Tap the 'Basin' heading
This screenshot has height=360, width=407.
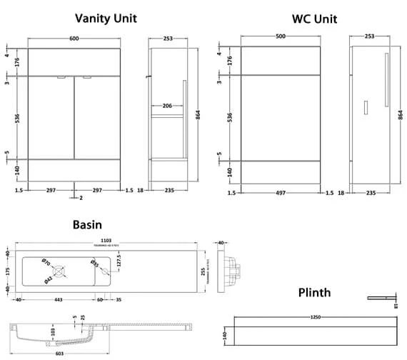click(x=88, y=224)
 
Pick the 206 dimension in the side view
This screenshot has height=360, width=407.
click(x=166, y=106)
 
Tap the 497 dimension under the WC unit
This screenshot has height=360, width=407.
click(x=280, y=193)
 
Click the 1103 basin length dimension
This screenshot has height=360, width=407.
click(x=106, y=241)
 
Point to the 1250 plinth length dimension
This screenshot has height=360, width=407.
click(x=315, y=317)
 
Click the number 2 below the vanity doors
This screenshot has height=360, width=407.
click(x=81, y=197)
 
